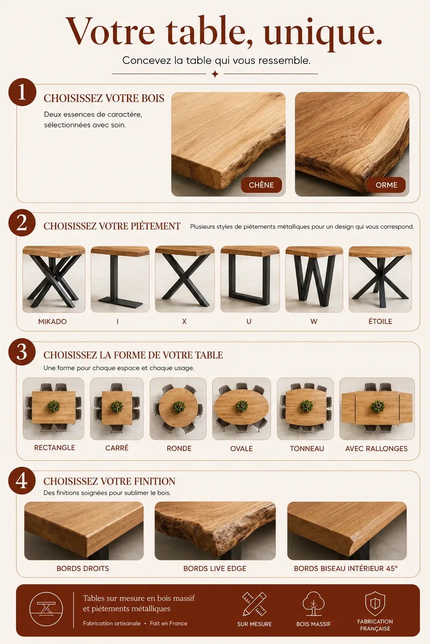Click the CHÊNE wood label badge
click(x=261, y=185)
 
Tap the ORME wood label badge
click(x=386, y=185)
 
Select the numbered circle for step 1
click(x=22, y=92)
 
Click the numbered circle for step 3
click(x=22, y=352)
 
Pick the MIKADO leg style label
click(x=52, y=322)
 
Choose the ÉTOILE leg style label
click(x=380, y=321)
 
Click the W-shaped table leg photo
click(x=314, y=279)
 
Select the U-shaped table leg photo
click(x=250, y=279)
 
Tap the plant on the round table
click(x=178, y=406)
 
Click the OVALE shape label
click(x=241, y=449)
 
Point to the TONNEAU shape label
click(x=307, y=449)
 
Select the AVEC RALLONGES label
click(x=376, y=449)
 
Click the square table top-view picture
click(x=117, y=408)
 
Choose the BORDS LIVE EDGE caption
click(x=215, y=569)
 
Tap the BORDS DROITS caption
click(x=83, y=569)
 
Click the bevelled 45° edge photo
click(x=347, y=531)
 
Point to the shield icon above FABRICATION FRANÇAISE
click(x=375, y=603)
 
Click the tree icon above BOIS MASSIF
click(x=313, y=603)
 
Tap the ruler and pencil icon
click(x=254, y=604)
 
